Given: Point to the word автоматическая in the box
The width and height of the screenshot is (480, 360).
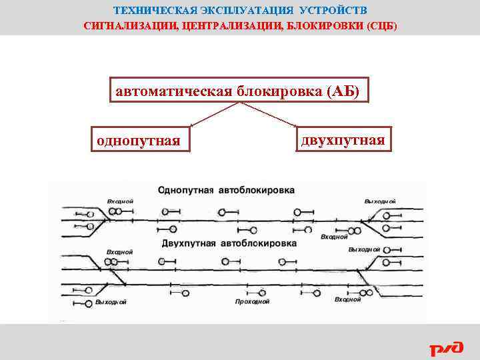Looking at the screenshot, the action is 171,92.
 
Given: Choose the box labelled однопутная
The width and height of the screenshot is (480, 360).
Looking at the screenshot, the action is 139,141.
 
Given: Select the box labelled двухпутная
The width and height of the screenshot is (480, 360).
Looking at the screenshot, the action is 343,141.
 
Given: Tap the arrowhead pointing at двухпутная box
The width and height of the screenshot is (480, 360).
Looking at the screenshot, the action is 295,125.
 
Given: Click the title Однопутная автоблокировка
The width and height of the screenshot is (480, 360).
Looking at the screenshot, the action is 226,190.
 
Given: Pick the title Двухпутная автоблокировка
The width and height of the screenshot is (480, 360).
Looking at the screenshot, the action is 229,243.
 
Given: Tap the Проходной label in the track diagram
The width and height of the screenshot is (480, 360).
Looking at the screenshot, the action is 253,302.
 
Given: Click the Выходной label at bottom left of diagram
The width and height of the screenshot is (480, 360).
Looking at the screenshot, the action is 111,302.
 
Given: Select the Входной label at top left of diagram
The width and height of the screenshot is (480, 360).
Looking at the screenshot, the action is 120,201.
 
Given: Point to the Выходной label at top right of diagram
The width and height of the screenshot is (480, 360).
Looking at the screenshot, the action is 380,201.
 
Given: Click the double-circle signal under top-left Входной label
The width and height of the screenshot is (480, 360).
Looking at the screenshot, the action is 115,211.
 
